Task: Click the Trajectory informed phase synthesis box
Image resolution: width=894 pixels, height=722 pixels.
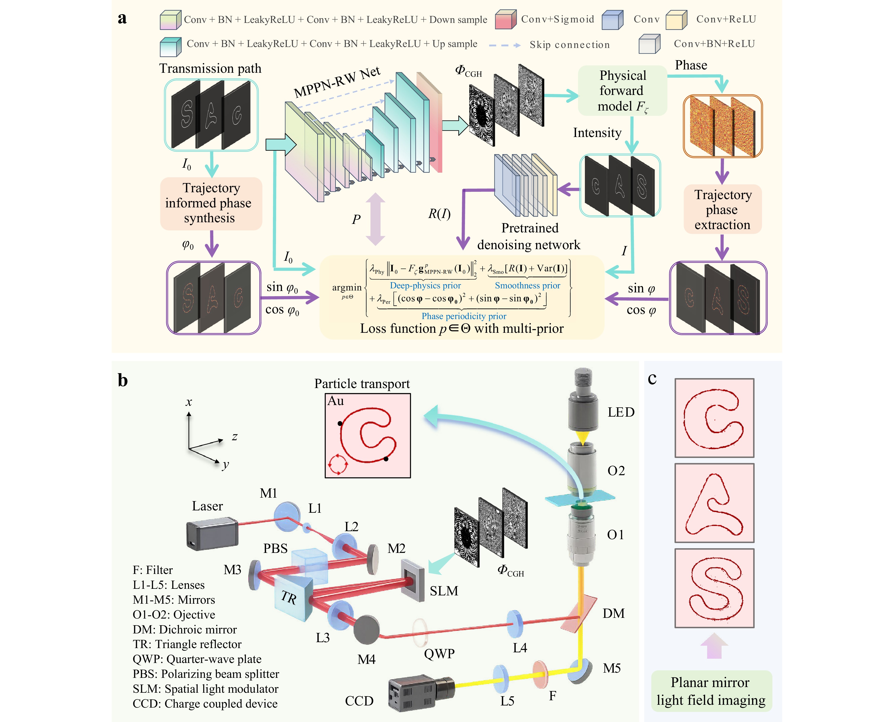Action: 211,203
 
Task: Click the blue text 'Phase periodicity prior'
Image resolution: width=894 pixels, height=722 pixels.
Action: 464,316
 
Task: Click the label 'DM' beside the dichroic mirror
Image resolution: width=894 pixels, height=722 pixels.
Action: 613,613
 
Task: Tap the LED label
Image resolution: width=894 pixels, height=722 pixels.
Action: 620,412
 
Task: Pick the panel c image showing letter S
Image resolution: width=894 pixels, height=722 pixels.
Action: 714,588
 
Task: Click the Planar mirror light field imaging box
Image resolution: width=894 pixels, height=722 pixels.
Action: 711,691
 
